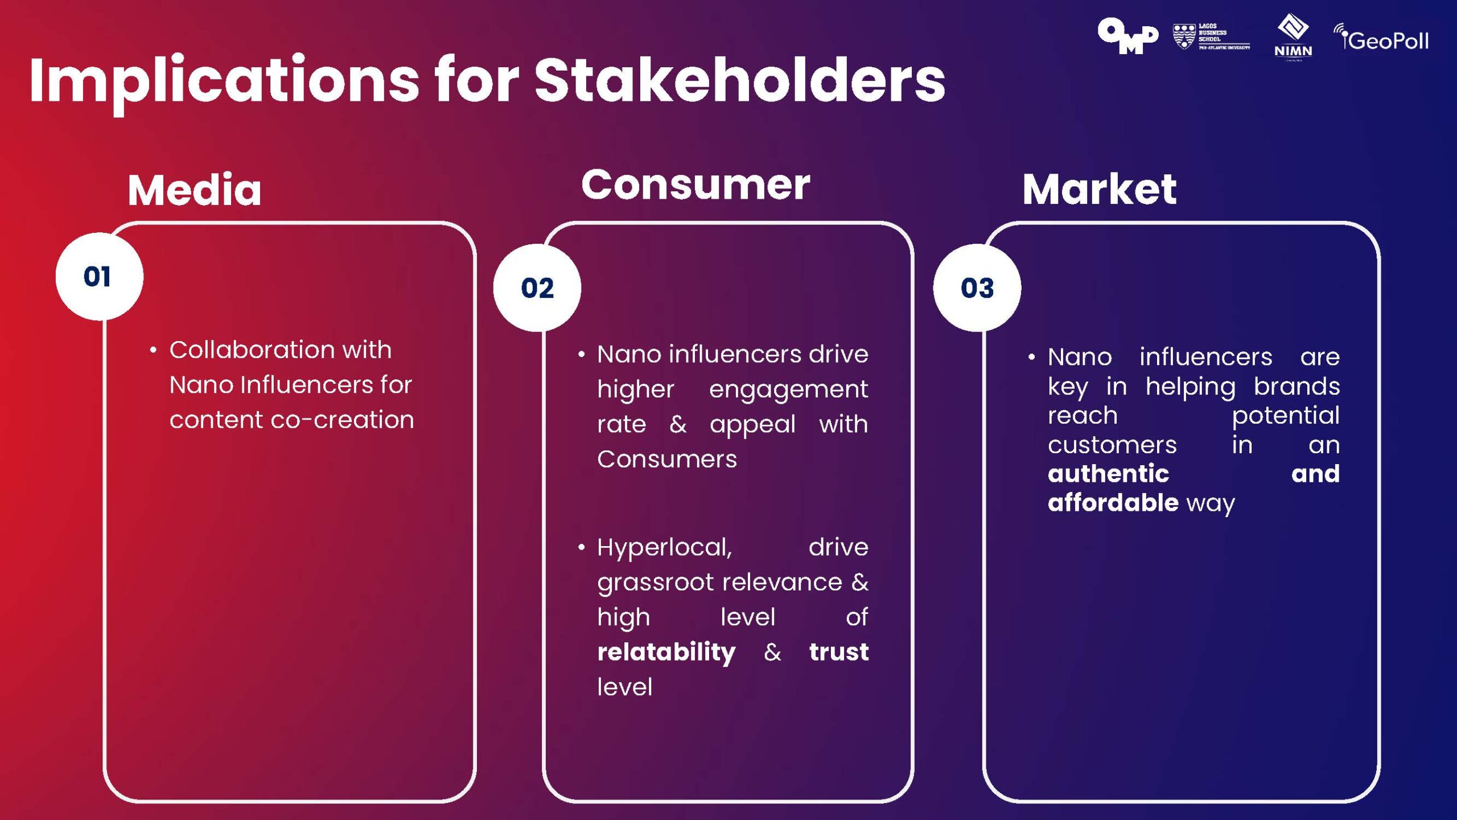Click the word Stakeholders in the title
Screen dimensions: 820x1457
pyautogui.click(x=739, y=81)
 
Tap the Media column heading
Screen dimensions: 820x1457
pyautogui.click(x=194, y=190)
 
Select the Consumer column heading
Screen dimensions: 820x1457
pyautogui.click(x=695, y=185)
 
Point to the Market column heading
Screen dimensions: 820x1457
pyautogui.click(x=1099, y=189)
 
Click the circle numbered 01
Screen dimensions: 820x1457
pyautogui.click(x=98, y=277)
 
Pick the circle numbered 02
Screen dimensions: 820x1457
pyautogui.click(x=537, y=288)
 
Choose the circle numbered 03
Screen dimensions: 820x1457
pyautogui.click(x=977, y=288)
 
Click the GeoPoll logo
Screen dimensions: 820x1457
pyautogui.click(x=1381, y=39)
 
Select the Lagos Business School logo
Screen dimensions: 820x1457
pyautogui.click(x=1211, y=37)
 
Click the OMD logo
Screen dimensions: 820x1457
pyautogui.click(x=1127, y=36)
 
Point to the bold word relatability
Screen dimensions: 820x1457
pyautogui.click(x=666, y=653)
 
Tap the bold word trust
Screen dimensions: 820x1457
pyautogui.click(x=838, y=651)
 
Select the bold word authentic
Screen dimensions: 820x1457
pyautogui.click(x=1108, y=474)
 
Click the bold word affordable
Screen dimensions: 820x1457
pyautogui.click(x=1113, y=503)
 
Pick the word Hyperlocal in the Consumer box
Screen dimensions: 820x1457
pyautogui.click(x=664, y=548)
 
